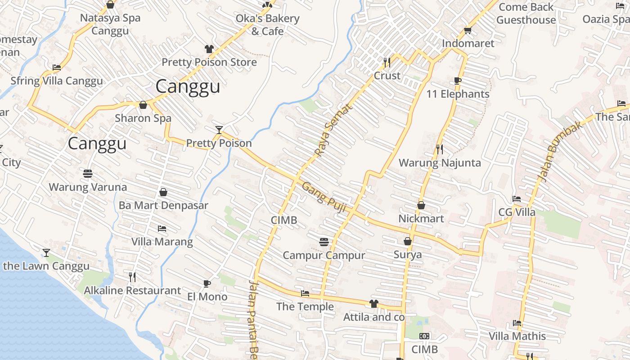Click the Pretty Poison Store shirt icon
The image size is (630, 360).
(209, 49)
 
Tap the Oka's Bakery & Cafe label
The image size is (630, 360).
(267, 25)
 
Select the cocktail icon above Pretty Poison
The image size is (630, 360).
(219, 130)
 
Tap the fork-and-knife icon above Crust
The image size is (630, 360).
(387, 62)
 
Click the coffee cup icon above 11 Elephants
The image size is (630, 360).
(458, 81)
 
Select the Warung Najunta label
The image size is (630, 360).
(440, 162)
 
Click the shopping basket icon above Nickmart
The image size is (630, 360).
(421, 205)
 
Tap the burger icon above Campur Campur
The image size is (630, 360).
(324, 242)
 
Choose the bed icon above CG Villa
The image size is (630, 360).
(517, 199)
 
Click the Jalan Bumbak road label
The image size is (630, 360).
(561, 151)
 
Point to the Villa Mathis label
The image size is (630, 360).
(517, 336)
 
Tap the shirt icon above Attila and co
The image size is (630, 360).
(373, 304)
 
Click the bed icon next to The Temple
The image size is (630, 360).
(305, 293)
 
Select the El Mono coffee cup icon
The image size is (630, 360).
(207, 283)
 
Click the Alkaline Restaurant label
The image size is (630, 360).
(132, 290)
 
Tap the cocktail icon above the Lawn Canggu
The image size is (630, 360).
(46, 252)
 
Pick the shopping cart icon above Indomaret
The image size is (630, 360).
(468, 31)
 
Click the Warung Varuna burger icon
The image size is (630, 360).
(88, 173)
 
